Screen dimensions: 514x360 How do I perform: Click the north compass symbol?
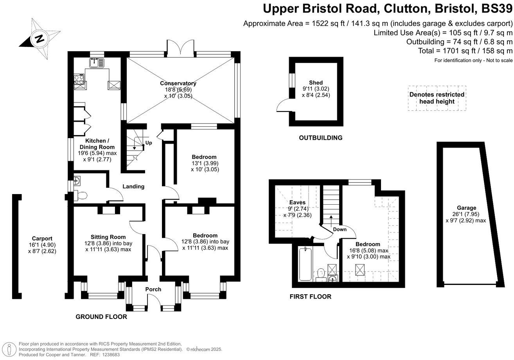pos(39,38)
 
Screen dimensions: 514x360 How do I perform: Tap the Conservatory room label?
pos(178,83)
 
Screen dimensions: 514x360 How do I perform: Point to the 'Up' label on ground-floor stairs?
pos(148,143)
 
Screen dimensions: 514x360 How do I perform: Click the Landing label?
pos(133,187)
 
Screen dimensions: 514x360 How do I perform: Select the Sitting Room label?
pos(108,237)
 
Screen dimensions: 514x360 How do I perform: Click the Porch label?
pos(153,290)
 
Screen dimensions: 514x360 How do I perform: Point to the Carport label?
pos(42,238)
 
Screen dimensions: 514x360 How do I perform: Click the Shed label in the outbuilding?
pos(316,83)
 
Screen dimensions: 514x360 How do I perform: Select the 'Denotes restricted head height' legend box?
pos(437,98)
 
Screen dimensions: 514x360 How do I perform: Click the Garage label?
pos(466,208)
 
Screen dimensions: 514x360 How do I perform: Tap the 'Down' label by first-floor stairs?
pos(340,229)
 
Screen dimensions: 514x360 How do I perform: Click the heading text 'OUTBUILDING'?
pos(320,138)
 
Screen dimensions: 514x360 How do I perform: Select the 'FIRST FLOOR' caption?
pos(310,297)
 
